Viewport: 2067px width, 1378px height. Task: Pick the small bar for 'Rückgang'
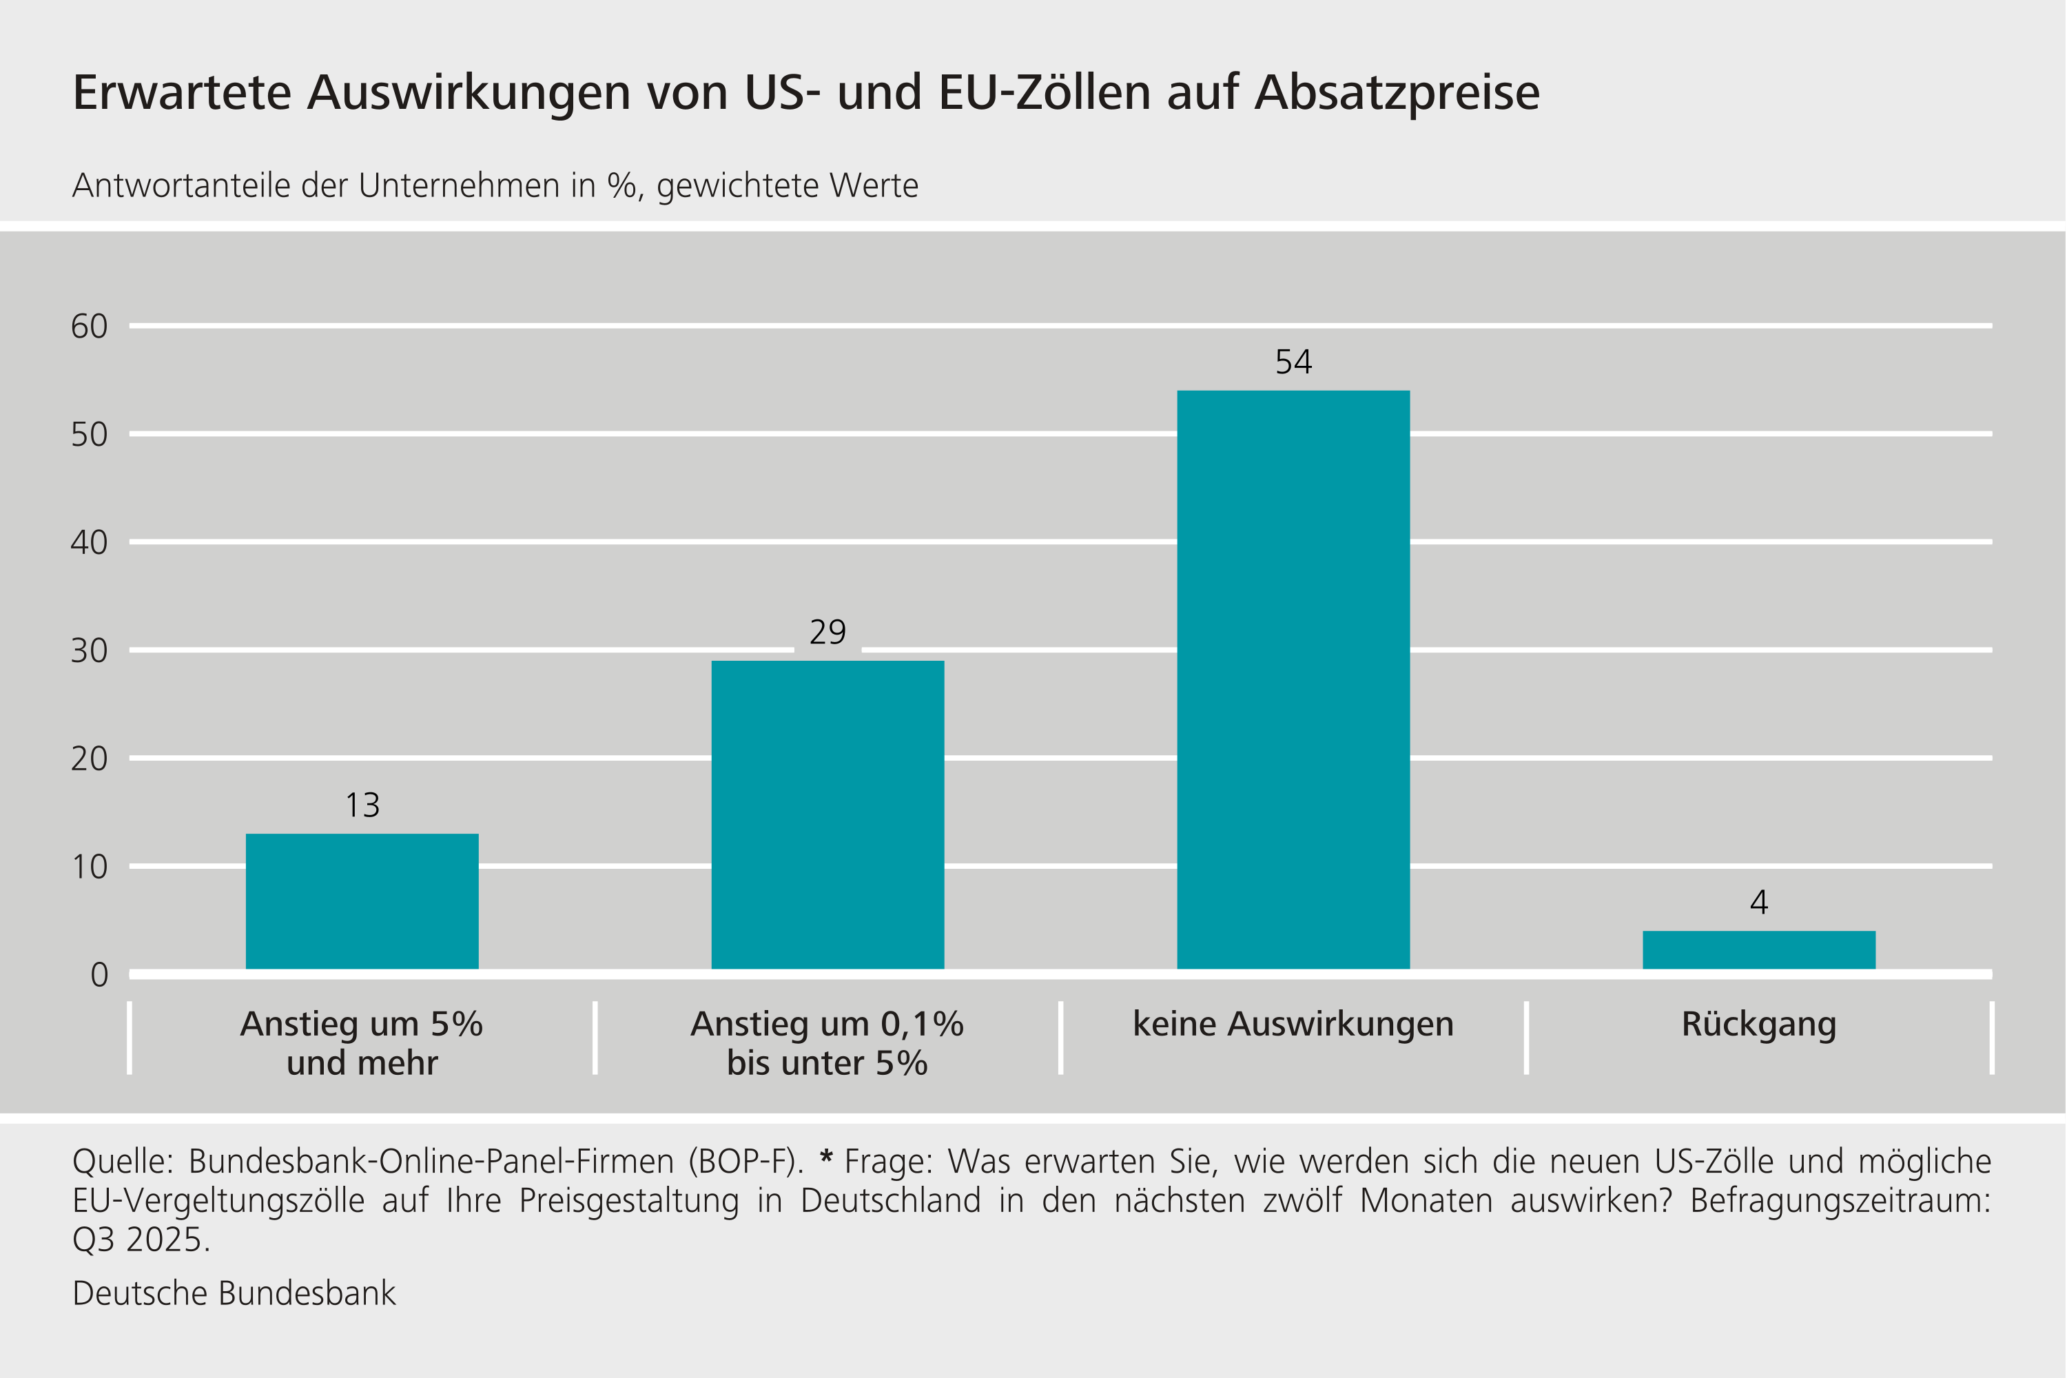click(x=1758, y=950)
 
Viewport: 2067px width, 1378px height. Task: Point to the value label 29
click(x=827, y=632)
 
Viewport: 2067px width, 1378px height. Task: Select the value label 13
click(x=362, y=805)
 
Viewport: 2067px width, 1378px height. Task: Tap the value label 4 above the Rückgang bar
click(x=1758, y=903)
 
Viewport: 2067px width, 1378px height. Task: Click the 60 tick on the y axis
click(x=89, y=326)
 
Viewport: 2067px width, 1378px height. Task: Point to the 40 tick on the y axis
click(x=89, y=542)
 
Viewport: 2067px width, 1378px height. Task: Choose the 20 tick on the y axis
click(x=89, y=759)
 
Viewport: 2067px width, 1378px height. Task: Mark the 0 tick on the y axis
click(x=99, y=975)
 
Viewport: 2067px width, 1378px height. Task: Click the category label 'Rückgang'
click(x=1758, y=1025)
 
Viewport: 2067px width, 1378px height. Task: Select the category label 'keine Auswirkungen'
click(x=1293, y=1025)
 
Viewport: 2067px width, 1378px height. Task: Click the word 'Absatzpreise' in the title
click(x=1397, y=92)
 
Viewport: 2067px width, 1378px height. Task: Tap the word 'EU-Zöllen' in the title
click(x=1044, y=92)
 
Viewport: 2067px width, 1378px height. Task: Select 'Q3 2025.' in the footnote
click(x=141, y=1240)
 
